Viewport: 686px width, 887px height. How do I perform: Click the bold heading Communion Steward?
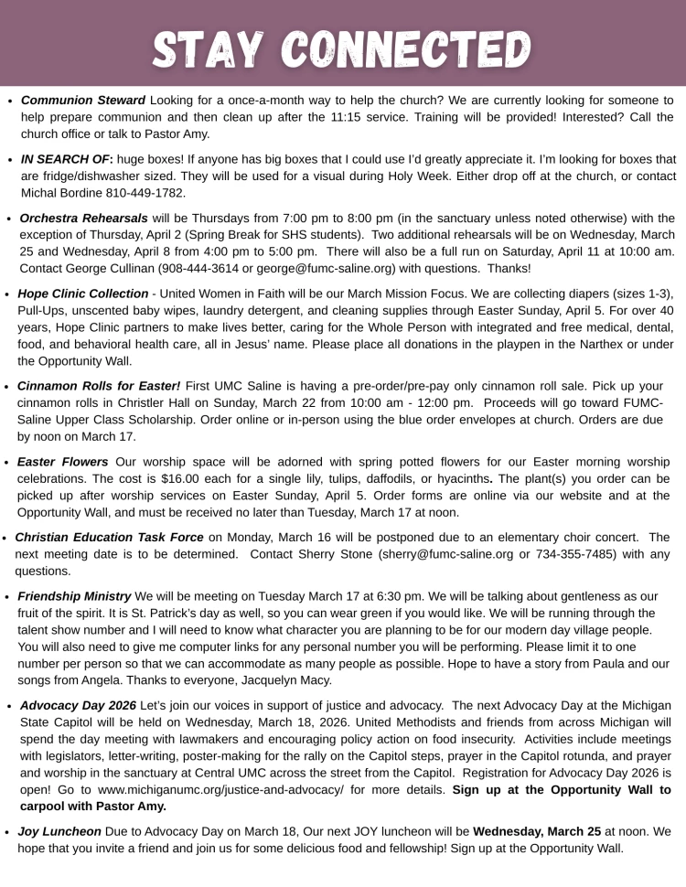pyautogui.click(x=83, y=100)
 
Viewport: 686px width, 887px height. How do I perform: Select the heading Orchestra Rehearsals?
pyautogui.click(x=83, y=219)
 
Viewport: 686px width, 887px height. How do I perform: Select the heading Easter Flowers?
pyautogui.click(x=63, y=462)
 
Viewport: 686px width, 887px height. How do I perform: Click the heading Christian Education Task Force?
pyautogui.click(x=110, y=538)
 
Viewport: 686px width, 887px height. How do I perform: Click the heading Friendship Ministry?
pyautogui.click(x=74, y=596)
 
